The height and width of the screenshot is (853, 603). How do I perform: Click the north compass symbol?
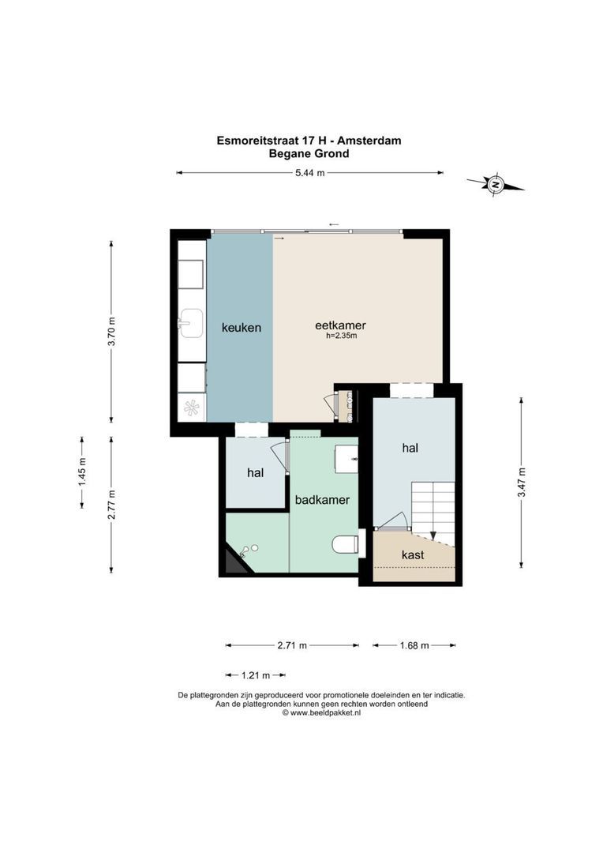496,185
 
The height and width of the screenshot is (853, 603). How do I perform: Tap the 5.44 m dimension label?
309,173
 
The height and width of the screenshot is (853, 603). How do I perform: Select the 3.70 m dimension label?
111,332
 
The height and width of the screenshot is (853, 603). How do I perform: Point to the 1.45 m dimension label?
81,472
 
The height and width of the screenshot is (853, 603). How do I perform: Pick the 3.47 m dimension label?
521,482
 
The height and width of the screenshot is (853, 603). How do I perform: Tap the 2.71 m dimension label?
292,645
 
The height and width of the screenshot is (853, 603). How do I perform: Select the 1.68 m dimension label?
413,645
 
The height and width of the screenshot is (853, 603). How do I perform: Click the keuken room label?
241,327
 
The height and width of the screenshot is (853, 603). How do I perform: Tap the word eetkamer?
340,325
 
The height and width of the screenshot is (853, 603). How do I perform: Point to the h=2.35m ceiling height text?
341,336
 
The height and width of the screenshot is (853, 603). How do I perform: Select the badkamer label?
322,500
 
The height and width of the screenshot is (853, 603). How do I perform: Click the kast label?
413,555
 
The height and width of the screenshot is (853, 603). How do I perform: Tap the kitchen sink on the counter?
190,322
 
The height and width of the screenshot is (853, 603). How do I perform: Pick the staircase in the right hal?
433,505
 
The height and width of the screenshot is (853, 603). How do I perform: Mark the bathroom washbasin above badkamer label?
346,457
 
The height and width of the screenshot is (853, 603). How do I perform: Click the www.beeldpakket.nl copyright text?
321,712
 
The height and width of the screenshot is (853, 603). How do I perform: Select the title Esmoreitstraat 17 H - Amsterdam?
309,141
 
